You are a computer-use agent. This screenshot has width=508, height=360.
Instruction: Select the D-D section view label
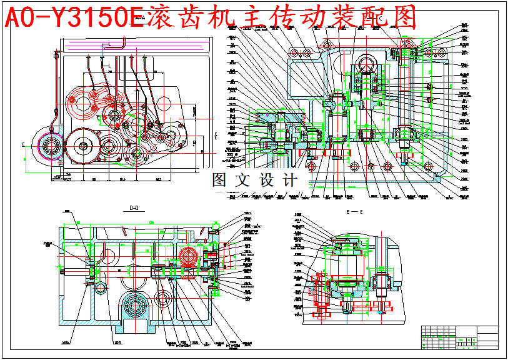pos(134,209)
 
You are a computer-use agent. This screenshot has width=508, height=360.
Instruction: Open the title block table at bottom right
pos(460,337)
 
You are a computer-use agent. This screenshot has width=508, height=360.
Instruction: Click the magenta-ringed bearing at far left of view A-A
pos(49,147)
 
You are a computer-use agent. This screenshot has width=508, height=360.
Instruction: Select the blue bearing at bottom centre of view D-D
pos(137,307)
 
